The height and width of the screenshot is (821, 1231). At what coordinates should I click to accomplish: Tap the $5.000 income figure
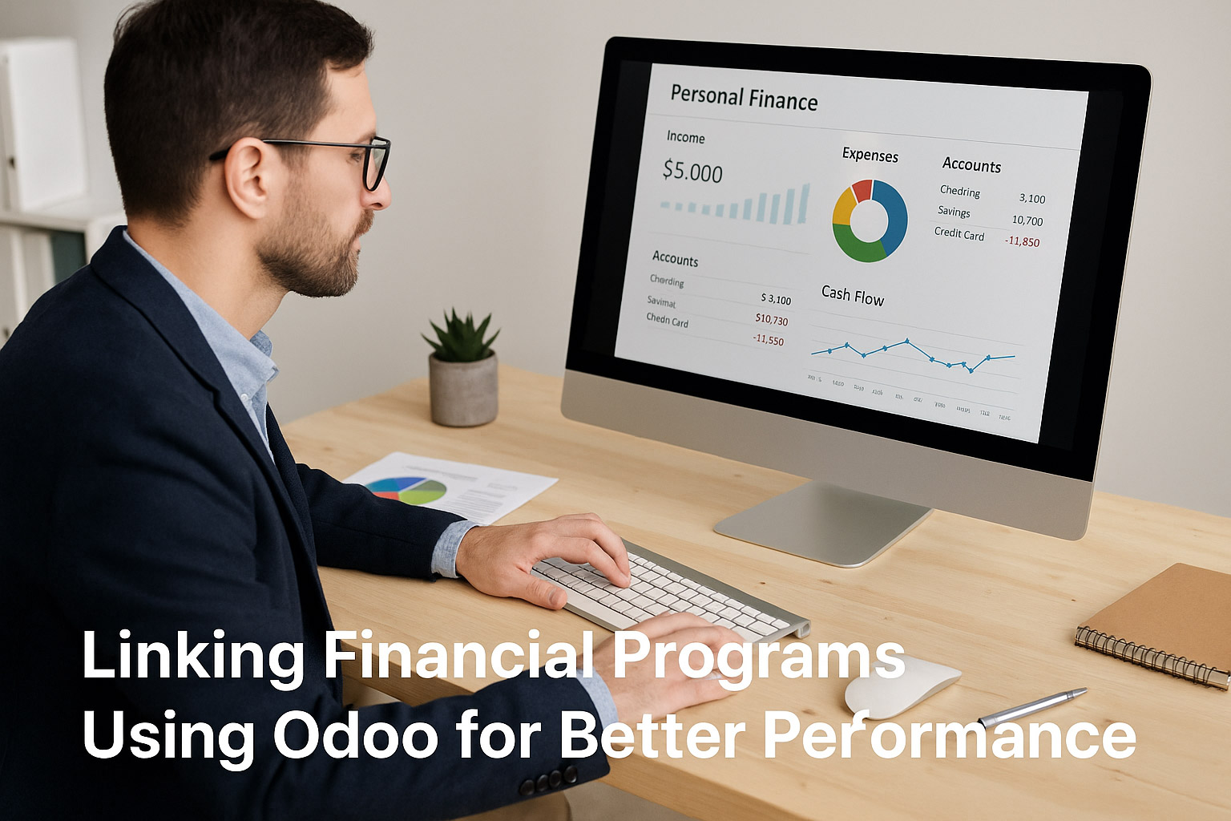[x=692, y=172]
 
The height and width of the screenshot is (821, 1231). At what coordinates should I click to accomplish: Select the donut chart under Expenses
[x=870, y=220]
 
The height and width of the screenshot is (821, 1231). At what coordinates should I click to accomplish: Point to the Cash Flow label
[x=852, y=296]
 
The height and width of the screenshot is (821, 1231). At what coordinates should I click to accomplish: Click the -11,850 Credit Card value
[x=1022, y=241]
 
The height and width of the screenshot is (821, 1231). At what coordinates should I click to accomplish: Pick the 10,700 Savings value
[x=1027, y=220]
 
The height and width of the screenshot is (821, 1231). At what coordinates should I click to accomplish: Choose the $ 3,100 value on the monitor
[x=775, y=299]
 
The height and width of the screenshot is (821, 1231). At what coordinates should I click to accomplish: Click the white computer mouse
[x=902, y=686]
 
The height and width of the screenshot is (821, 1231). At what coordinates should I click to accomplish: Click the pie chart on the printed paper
[x=406, y=490]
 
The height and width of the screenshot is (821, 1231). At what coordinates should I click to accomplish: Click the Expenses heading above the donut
[x=870, y=155]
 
